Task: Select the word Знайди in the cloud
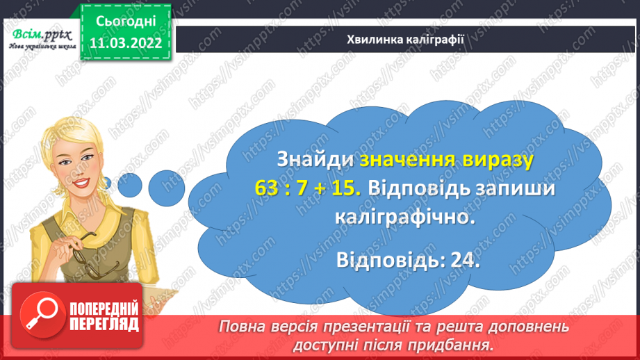(x=315, y=160)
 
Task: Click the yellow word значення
(x=407, y=160)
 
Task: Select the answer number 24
(x=461, y=261)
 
